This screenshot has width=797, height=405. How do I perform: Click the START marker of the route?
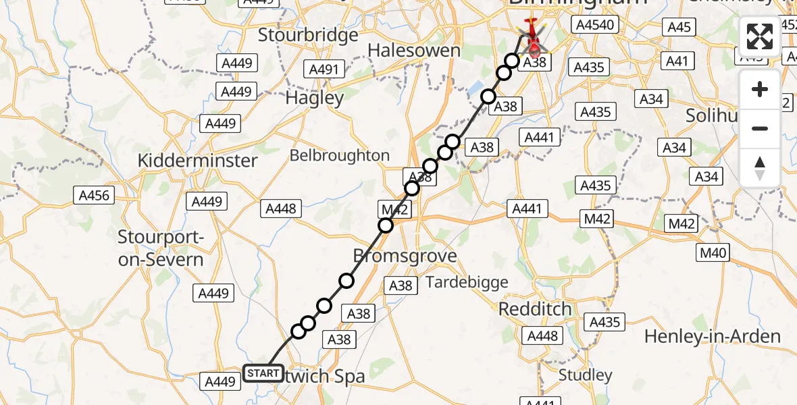pos(263,373)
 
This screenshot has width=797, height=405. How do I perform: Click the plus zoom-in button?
pos(760,90)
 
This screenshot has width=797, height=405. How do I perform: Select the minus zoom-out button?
pos(760,128)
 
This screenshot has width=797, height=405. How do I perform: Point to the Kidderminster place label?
pos(197,161)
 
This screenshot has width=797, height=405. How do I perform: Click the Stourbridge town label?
pos(308,35)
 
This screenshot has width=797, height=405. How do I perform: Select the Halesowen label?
pos(413,51)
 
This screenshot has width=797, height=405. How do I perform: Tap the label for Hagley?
pos(314,98)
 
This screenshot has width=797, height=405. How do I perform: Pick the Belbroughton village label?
pos(340,156)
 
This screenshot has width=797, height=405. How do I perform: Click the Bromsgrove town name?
pos(405,256)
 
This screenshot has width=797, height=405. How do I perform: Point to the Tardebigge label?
pos(467,283)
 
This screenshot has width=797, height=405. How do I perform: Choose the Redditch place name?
pos(535,310)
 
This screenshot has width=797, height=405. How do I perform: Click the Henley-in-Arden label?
pos(713,336)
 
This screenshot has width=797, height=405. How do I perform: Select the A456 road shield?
pos(94,196)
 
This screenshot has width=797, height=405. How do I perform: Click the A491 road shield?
pos(325,69)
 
